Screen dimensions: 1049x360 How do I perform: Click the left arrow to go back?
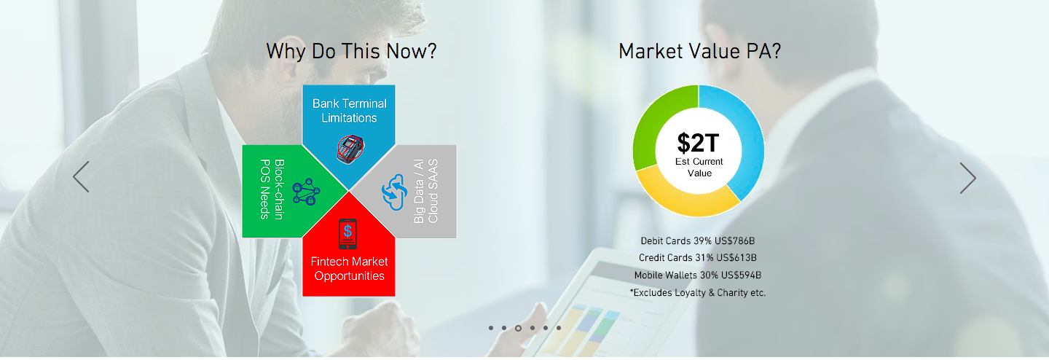click(x=81, y=176)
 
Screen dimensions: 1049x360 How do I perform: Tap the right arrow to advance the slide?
click(x=968, y=178)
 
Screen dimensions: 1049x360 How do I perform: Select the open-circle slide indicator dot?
click(x=518, y=328)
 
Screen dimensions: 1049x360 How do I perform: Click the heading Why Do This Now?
click(x=351, y=52)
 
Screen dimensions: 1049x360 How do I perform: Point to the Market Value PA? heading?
click(x=699, y=52)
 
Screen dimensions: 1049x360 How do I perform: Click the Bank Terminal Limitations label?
click(x=350, y=111)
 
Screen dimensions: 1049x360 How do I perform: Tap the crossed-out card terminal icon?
click(x=350, y=149)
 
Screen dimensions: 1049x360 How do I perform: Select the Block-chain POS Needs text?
click(x=272, y=189)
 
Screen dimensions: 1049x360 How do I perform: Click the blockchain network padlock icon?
click(x=306, y=192)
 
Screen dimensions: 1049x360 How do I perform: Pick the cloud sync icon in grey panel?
click(x=393, y=192)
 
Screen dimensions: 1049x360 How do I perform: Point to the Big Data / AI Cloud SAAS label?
click(x=426, y=191)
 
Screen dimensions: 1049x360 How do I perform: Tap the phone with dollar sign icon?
click(x=347, y=234)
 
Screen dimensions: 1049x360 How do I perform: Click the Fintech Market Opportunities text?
click(x=350, y=269)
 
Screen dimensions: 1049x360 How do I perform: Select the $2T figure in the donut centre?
click(x=698, y=143)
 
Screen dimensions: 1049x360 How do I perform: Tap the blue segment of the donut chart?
click(x=744, y=136)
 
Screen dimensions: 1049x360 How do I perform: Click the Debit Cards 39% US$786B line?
click(x=698, y=241)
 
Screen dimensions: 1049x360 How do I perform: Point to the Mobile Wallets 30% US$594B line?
click(x=698, y=275)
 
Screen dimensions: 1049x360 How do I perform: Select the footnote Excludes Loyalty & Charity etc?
click(x=698, y=292)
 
